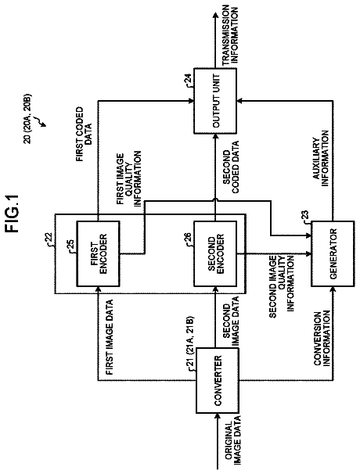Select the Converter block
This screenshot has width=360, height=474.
[x=218, y=380]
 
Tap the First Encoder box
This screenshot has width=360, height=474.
[x=98, y=253]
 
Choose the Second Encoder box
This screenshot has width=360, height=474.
[x=215, y=253]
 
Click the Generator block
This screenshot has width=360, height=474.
[x=333, y=253]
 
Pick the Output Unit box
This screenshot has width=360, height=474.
[x=215, y=101]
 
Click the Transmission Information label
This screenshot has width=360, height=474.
[x=230, y=34]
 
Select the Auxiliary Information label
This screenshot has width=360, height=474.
[x=321, y=158]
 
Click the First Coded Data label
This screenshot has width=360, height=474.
[x=84, y=134]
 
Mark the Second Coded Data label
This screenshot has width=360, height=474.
[x=231, y=167]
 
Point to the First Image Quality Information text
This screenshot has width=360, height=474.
[x=129, y=178]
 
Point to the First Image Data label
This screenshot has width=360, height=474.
[x=110, y=337]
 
